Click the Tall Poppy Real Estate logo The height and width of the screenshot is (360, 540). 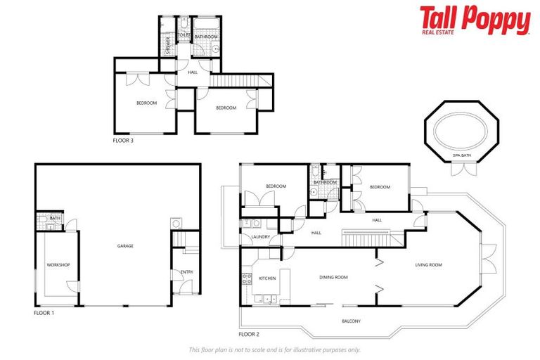click(475, 20)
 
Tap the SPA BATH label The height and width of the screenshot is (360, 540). click(461, 155)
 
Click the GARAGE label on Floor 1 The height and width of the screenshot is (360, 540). click(126, 246)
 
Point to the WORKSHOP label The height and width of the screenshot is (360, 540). click(58, 265)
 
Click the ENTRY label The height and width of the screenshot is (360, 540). click(186, 272)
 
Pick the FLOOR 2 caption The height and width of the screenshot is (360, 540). click(250, 334)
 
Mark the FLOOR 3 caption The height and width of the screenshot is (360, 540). click(123, 141)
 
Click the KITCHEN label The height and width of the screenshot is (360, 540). click(268, 278)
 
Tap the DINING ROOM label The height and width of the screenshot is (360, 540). click(333, 277)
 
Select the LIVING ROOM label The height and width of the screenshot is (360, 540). click(428, 265)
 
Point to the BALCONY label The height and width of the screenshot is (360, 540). click(352, 321)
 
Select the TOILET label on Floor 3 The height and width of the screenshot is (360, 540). click(184, 34)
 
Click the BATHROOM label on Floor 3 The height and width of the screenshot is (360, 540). click(206, 36)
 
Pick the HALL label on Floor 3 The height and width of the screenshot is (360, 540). click(193, 72)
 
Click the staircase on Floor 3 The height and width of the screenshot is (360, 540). click(232, 81)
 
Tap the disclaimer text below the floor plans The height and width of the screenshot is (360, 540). click(274, 349)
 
